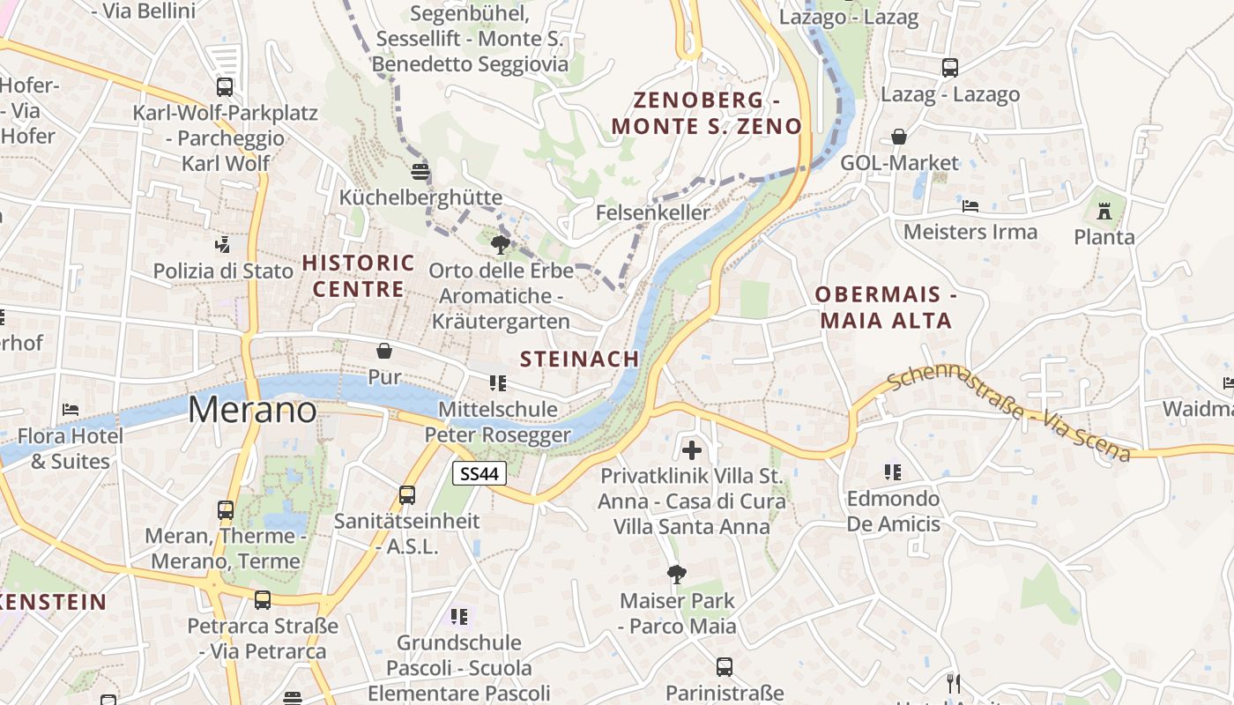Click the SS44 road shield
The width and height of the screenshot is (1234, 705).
click(x=479, y=473)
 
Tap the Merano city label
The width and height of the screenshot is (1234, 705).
click(x=252, y=410)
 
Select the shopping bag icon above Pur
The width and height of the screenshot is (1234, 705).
click(x=384, y=351)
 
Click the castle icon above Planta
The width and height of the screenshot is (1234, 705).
click(x=1104, y=211)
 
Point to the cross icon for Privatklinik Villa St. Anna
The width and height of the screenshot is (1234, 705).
click(x=692, y=450)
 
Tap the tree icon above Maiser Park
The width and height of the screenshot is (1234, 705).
click(x=677, y=575)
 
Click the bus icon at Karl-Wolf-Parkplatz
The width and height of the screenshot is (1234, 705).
click(x=225, y=87)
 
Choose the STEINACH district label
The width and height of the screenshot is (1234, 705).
click(x=579, y=359)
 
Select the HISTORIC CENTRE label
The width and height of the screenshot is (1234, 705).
click(x=359, y=275)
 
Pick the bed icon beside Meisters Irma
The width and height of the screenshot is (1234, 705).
click(x=970, y=206)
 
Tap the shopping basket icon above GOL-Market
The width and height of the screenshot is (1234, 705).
click(x=899, y=137)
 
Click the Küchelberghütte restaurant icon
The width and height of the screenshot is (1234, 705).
click(x=420, y=171)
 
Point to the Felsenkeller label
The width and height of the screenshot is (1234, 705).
click(x=652, y=212)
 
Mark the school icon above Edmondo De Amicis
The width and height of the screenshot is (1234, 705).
click(x=893, y=472)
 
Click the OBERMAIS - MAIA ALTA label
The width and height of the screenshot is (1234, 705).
click(x=886, y=307)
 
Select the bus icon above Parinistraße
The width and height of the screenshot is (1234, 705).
click(x=725, y=667)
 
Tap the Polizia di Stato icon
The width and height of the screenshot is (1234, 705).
click(x=223, y=244)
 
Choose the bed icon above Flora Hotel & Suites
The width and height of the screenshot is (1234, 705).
click(x=71, y=410)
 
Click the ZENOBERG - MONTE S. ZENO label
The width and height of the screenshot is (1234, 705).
click(x=706, y=112)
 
